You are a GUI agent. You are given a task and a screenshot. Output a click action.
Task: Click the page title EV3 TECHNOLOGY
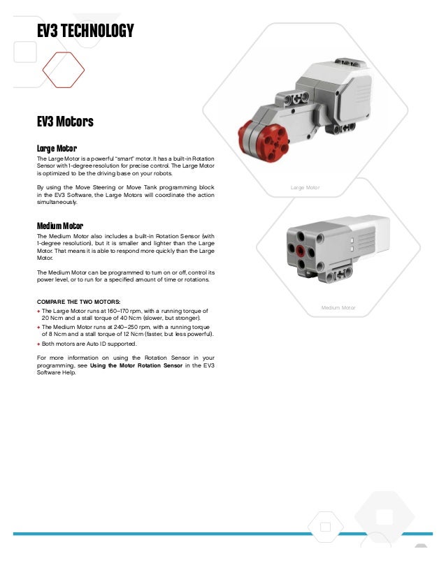tap(85, 31)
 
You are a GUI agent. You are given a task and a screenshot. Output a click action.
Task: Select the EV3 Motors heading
tap(65, 122)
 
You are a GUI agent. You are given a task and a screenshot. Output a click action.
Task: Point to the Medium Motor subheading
tap(60, 226)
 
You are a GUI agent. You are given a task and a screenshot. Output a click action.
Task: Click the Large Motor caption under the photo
tap(304, 187)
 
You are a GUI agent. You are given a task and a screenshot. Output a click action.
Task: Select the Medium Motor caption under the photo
tap(338, 307)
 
